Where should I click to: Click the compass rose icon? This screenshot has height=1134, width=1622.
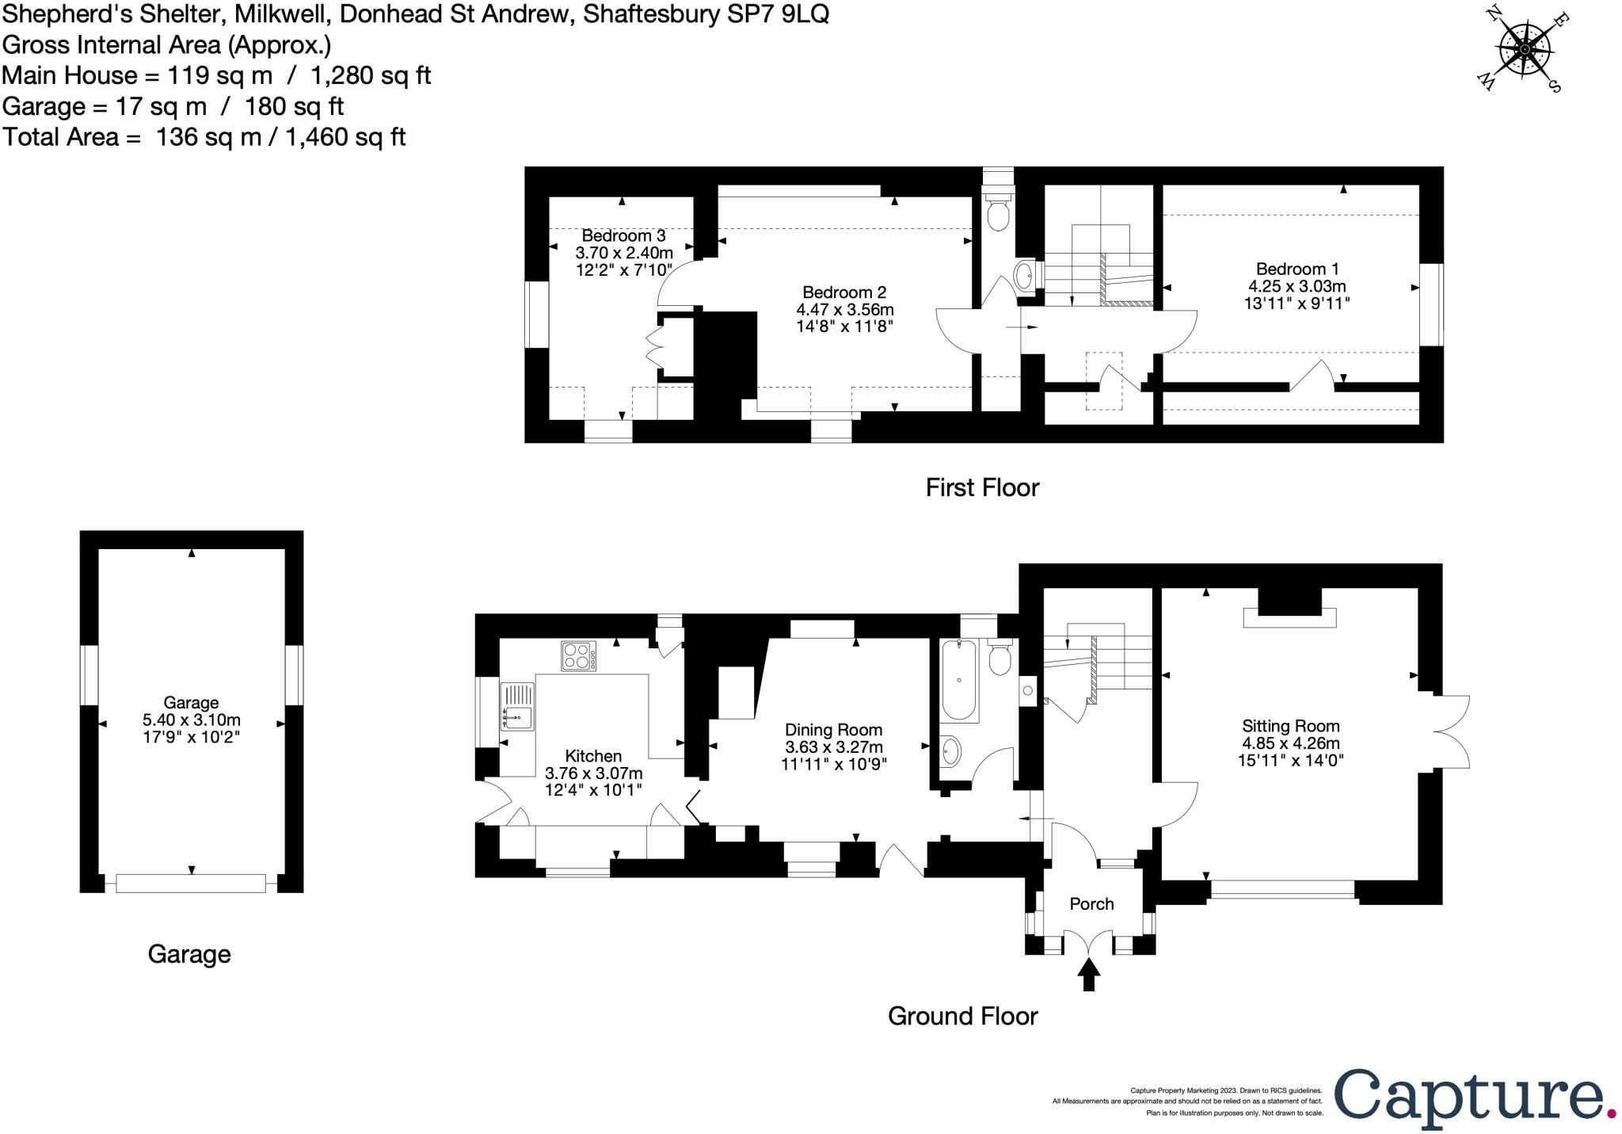1525,49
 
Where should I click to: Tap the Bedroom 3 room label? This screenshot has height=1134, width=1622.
623,235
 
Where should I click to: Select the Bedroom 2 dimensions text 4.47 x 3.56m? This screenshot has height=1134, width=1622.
844,309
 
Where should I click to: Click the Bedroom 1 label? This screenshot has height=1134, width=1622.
1296,269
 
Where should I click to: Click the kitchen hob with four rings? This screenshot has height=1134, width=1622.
579,656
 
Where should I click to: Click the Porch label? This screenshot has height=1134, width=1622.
1091,904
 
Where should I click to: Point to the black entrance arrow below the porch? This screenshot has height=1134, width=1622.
1089,975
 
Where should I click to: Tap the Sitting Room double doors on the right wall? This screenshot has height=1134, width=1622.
1451,731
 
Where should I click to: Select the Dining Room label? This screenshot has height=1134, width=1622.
833,730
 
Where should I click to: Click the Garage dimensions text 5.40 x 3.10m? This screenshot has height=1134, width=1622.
191,720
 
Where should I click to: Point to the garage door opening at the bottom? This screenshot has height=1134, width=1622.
191,883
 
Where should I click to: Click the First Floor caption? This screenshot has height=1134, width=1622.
981,487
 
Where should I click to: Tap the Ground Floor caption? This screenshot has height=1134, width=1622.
962,1016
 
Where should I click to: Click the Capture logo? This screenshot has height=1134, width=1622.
1474,1097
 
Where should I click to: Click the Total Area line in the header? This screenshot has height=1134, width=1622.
204,137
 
